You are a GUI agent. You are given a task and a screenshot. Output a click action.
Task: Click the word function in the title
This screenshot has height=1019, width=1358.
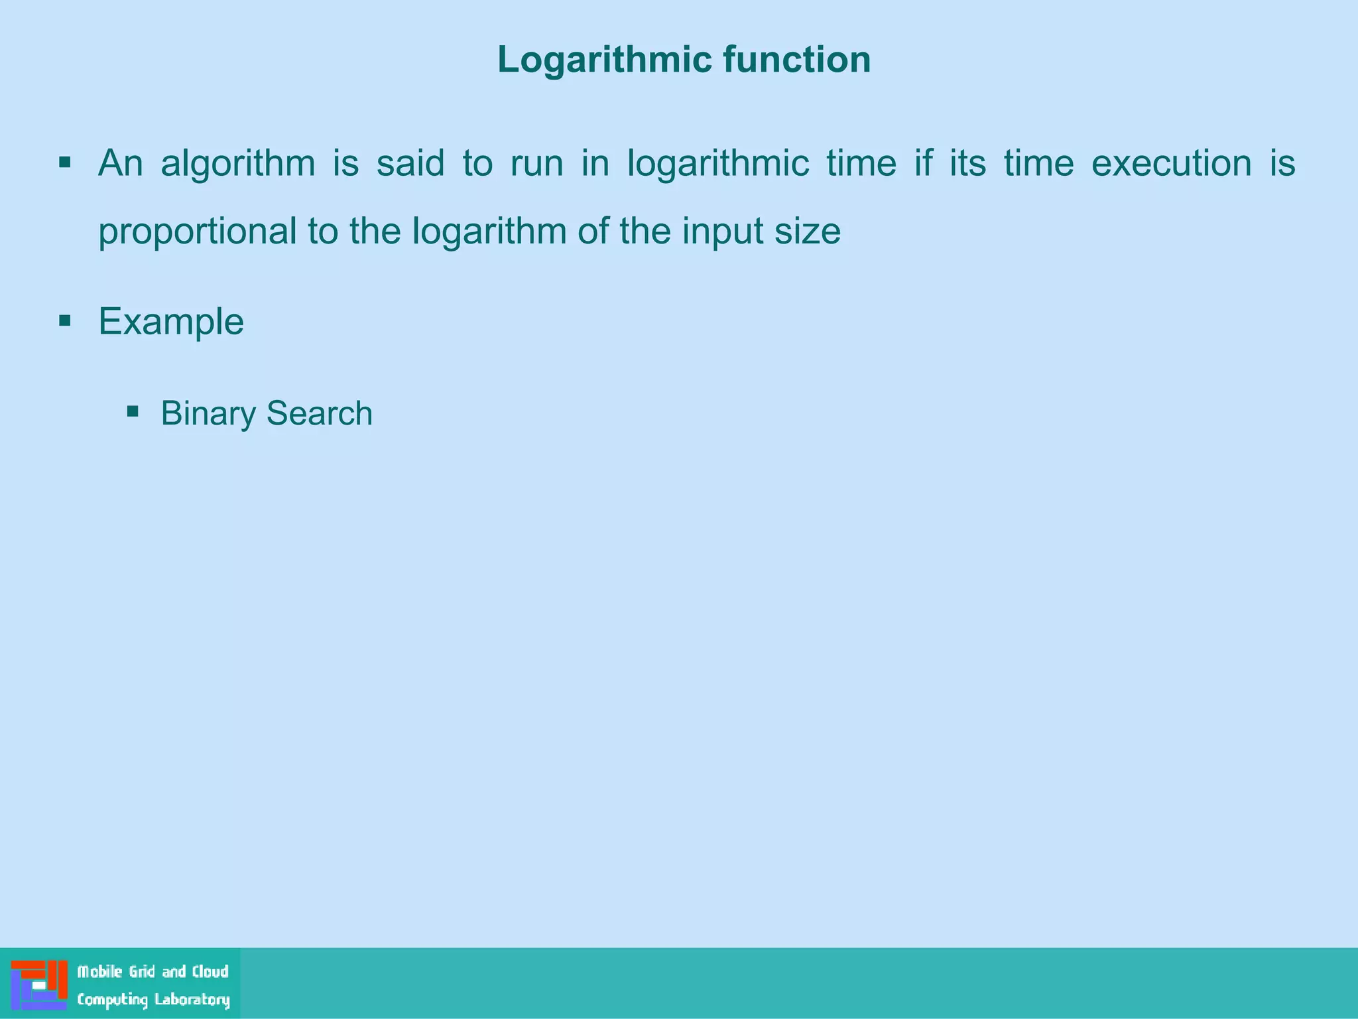point(796,60)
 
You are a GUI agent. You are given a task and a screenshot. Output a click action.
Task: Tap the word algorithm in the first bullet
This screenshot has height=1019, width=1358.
point(238,163)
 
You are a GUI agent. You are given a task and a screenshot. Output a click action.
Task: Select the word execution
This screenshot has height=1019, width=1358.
point(1172,163)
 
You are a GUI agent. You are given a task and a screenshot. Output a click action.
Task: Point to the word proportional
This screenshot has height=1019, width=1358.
point(198,232)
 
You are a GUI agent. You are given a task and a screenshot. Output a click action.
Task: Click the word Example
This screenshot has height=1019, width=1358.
point(171,322)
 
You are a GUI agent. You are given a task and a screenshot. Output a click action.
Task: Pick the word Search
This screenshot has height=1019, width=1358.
point(319,413)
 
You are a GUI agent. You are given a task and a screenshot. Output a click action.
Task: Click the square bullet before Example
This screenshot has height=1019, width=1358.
point(65,322)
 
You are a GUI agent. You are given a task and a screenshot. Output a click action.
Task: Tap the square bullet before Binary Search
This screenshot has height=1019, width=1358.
point(133,411)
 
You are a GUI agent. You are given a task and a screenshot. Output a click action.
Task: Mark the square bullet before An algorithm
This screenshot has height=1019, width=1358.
point(65,163)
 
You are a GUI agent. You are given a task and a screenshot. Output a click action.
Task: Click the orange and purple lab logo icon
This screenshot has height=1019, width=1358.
point(39,985)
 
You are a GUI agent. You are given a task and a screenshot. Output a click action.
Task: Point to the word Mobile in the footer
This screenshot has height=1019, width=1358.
point(99,972)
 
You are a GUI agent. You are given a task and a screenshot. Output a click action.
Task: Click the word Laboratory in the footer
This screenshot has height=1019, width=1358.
point(192,999)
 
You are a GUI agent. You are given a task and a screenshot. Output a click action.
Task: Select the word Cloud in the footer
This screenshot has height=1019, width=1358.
point(210,972)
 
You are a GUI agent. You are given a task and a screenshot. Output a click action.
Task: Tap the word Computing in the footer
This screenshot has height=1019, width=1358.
point(112,999)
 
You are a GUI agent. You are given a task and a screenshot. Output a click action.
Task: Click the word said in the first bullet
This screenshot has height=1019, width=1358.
point(410,163)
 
